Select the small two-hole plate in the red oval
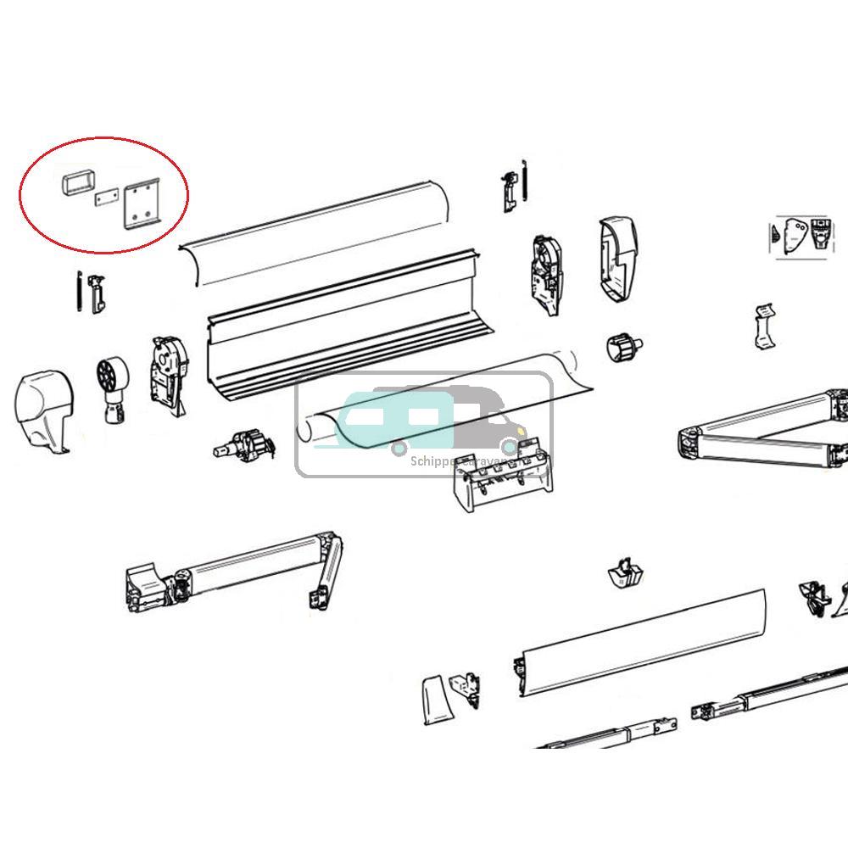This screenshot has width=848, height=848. tap(105, 198)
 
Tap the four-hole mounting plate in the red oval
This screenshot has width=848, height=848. tap(143, 206)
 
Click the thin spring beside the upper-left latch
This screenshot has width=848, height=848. tap(78, 291)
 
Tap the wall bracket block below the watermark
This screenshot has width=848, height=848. tap(500, 479)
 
